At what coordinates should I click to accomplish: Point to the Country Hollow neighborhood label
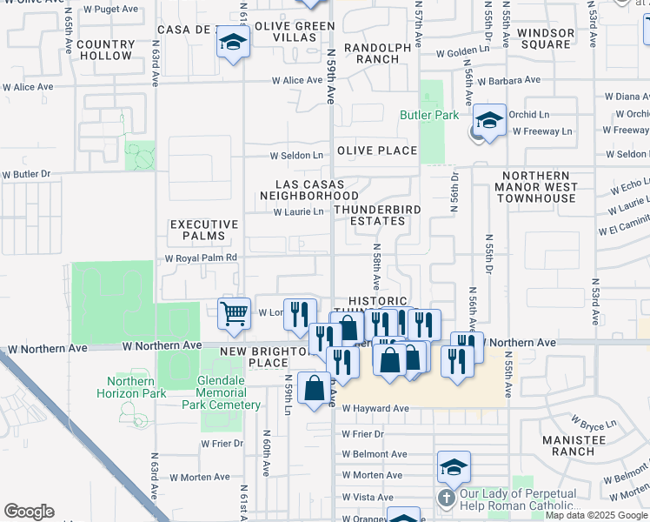tap(105, 50)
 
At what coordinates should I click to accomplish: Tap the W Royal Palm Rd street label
tap(201, 258)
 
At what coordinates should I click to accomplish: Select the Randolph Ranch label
tap(371, 54)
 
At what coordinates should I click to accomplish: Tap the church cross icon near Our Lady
tap(445, 499)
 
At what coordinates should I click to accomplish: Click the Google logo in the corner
tap(29, 512)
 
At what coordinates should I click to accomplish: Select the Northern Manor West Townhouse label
tap(536, 186)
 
